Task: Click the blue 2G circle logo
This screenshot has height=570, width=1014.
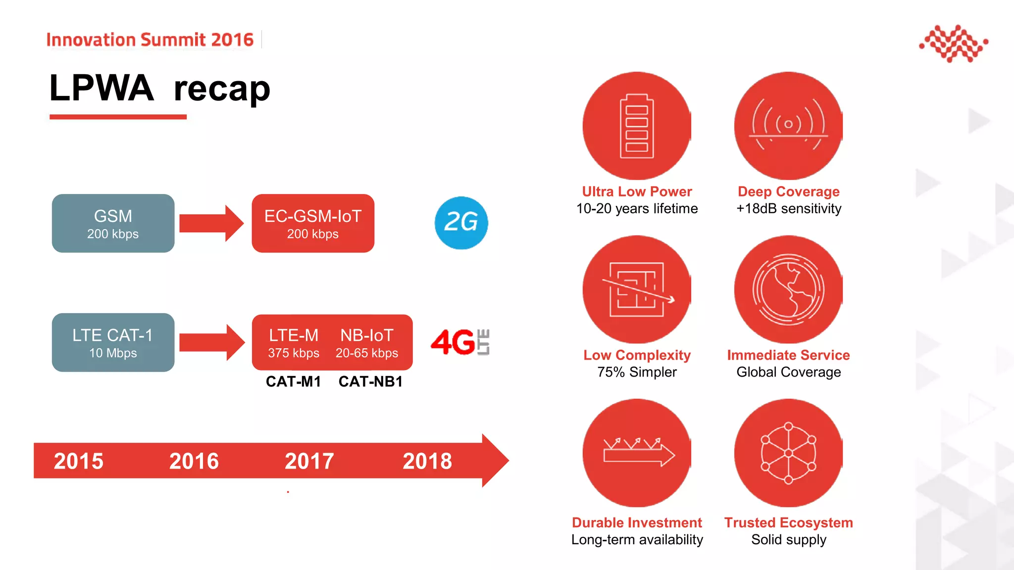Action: [461, 223]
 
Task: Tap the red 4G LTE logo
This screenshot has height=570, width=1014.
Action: [460, 342]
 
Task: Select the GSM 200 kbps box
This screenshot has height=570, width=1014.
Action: [113, 224]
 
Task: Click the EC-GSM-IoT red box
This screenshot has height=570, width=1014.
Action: [313, 224]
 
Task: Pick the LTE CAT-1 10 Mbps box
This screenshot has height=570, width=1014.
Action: [113, 342]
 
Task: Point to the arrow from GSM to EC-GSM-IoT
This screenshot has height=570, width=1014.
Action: [211, 223]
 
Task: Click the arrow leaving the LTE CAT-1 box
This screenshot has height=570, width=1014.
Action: [211, 342]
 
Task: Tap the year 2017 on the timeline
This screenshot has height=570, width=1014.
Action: [309, 461]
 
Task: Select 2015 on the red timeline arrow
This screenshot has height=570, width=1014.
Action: [79, 461]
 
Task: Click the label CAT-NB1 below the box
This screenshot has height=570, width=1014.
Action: [370, 382]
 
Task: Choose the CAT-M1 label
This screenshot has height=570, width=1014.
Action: [293, 382]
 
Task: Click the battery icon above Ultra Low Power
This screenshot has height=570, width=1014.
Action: [637, 126]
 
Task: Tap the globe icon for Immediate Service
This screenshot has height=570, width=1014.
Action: [788, 289]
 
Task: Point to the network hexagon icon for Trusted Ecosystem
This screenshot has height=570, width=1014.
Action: [788, 453]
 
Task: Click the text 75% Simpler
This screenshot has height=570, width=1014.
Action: [637, 372]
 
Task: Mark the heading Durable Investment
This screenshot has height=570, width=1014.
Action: [637, 523]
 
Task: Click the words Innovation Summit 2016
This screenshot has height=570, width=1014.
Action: [150, 40]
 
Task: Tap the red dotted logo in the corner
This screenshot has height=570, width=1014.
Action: [954, 44]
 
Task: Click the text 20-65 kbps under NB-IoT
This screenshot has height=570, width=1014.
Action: [367, 353]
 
